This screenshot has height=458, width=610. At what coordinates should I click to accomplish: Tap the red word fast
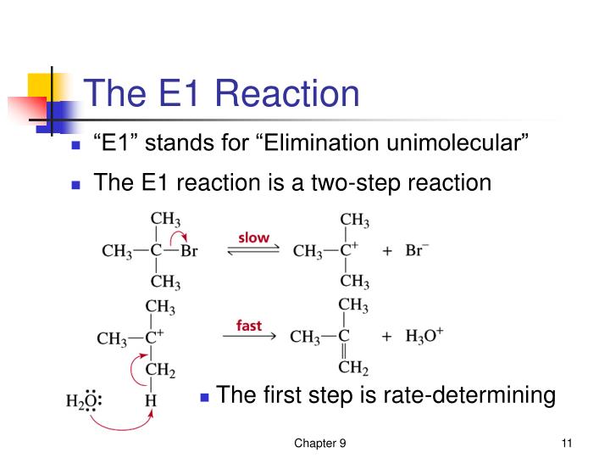248,323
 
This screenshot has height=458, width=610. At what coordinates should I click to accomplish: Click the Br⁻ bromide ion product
419,251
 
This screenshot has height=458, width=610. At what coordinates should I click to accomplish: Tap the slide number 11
568,444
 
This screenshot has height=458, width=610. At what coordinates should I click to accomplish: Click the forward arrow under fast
249,337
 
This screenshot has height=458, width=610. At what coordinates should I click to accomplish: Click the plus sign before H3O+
386,337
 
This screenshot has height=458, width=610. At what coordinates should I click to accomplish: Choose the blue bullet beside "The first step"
205,396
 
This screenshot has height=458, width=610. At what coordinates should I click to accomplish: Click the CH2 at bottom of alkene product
353,367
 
